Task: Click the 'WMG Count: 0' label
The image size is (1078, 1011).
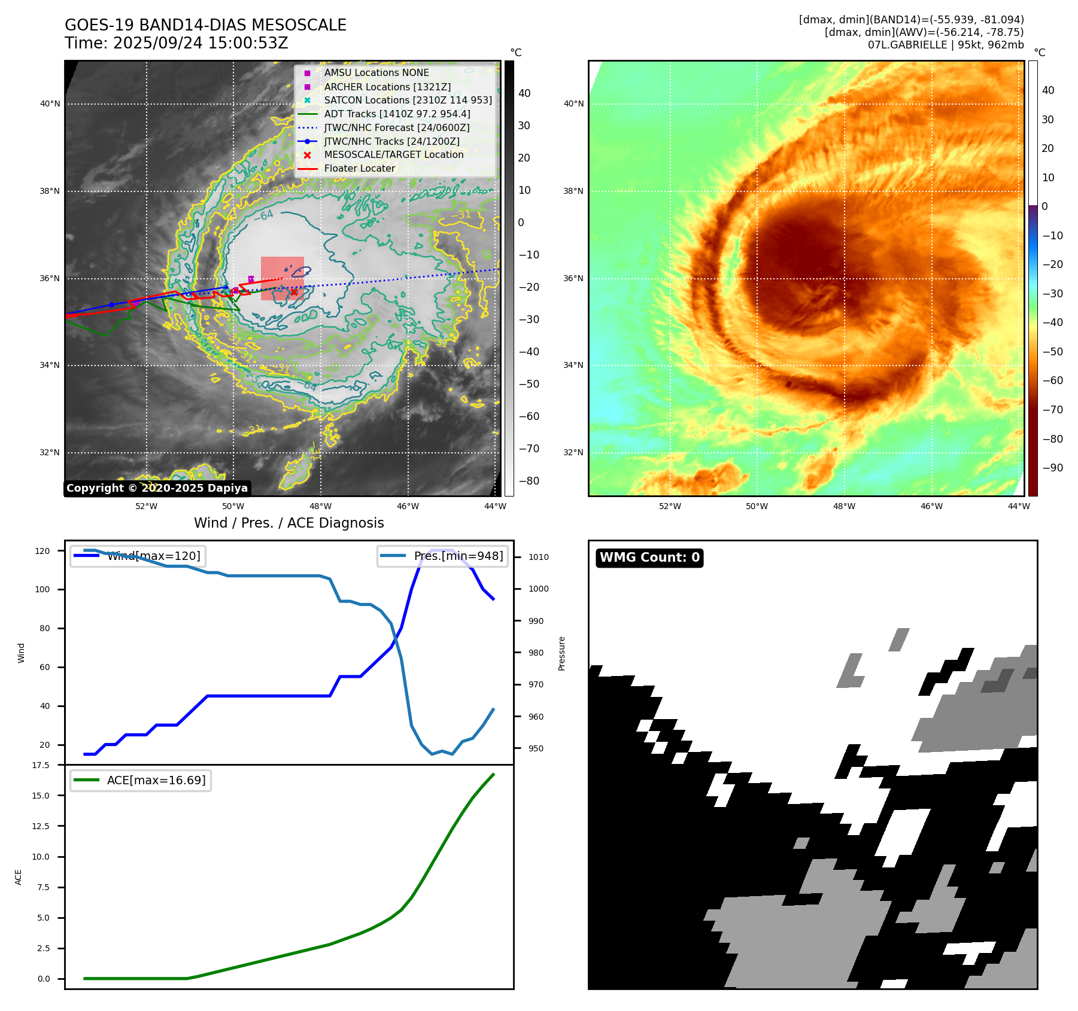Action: point(649,558)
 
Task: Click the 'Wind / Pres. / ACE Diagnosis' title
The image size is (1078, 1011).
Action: point(289,523)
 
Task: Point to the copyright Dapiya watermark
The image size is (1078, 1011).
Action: point(157,488)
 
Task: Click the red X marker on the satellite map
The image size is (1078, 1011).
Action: point(294,292)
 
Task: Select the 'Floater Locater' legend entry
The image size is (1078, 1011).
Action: point(359,169)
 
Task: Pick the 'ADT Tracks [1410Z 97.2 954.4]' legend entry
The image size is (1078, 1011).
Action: point(397,114)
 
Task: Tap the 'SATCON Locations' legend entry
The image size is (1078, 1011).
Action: point(408,100)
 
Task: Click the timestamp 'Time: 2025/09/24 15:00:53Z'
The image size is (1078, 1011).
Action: point(177,43)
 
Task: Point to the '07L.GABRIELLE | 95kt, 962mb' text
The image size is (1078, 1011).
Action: point(946,45)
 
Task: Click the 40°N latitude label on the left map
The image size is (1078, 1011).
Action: point(50,104)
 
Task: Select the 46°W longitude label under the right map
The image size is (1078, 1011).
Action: point(931,506)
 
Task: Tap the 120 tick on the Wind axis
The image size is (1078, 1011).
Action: point(42,551)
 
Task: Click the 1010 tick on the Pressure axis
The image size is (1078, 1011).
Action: point(538,557)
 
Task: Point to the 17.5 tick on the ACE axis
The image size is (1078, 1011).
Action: point(41,765)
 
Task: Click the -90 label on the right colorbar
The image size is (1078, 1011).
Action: point(1052,468)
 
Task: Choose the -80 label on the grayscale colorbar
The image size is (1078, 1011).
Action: point(529,481)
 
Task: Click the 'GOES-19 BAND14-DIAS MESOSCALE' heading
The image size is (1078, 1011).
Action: point(205,25)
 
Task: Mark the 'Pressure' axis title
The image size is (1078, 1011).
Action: point(561,653)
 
